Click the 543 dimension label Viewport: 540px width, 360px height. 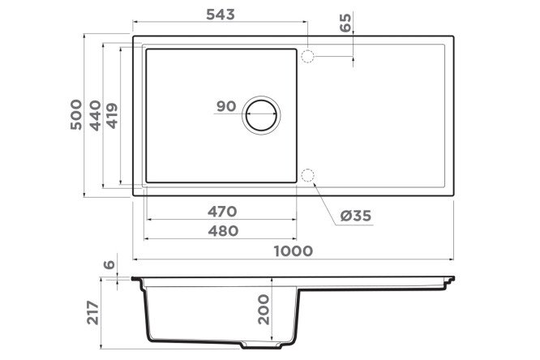pyautogui.click(x=221, y=15)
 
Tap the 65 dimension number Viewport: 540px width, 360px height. pyautogui.click(x=345, y=23)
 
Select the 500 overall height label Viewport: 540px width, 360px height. pyautogui.click(x=76, y=114)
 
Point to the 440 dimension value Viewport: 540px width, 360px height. pyautogui.click(x=95, y=115)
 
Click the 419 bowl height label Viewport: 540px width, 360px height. pyautogui.click(x=112, y=116)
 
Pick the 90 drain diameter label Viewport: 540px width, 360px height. pyautogui.click(x=226, y=106)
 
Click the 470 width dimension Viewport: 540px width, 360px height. pyautogui.click(x=222, y=211)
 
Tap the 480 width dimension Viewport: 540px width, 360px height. pyautogui.click(x=223, y=231)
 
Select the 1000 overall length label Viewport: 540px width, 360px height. pyautogui.click(x=294, y=251)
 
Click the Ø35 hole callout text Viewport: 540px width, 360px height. pyautogui.click(x=356, y=216)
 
